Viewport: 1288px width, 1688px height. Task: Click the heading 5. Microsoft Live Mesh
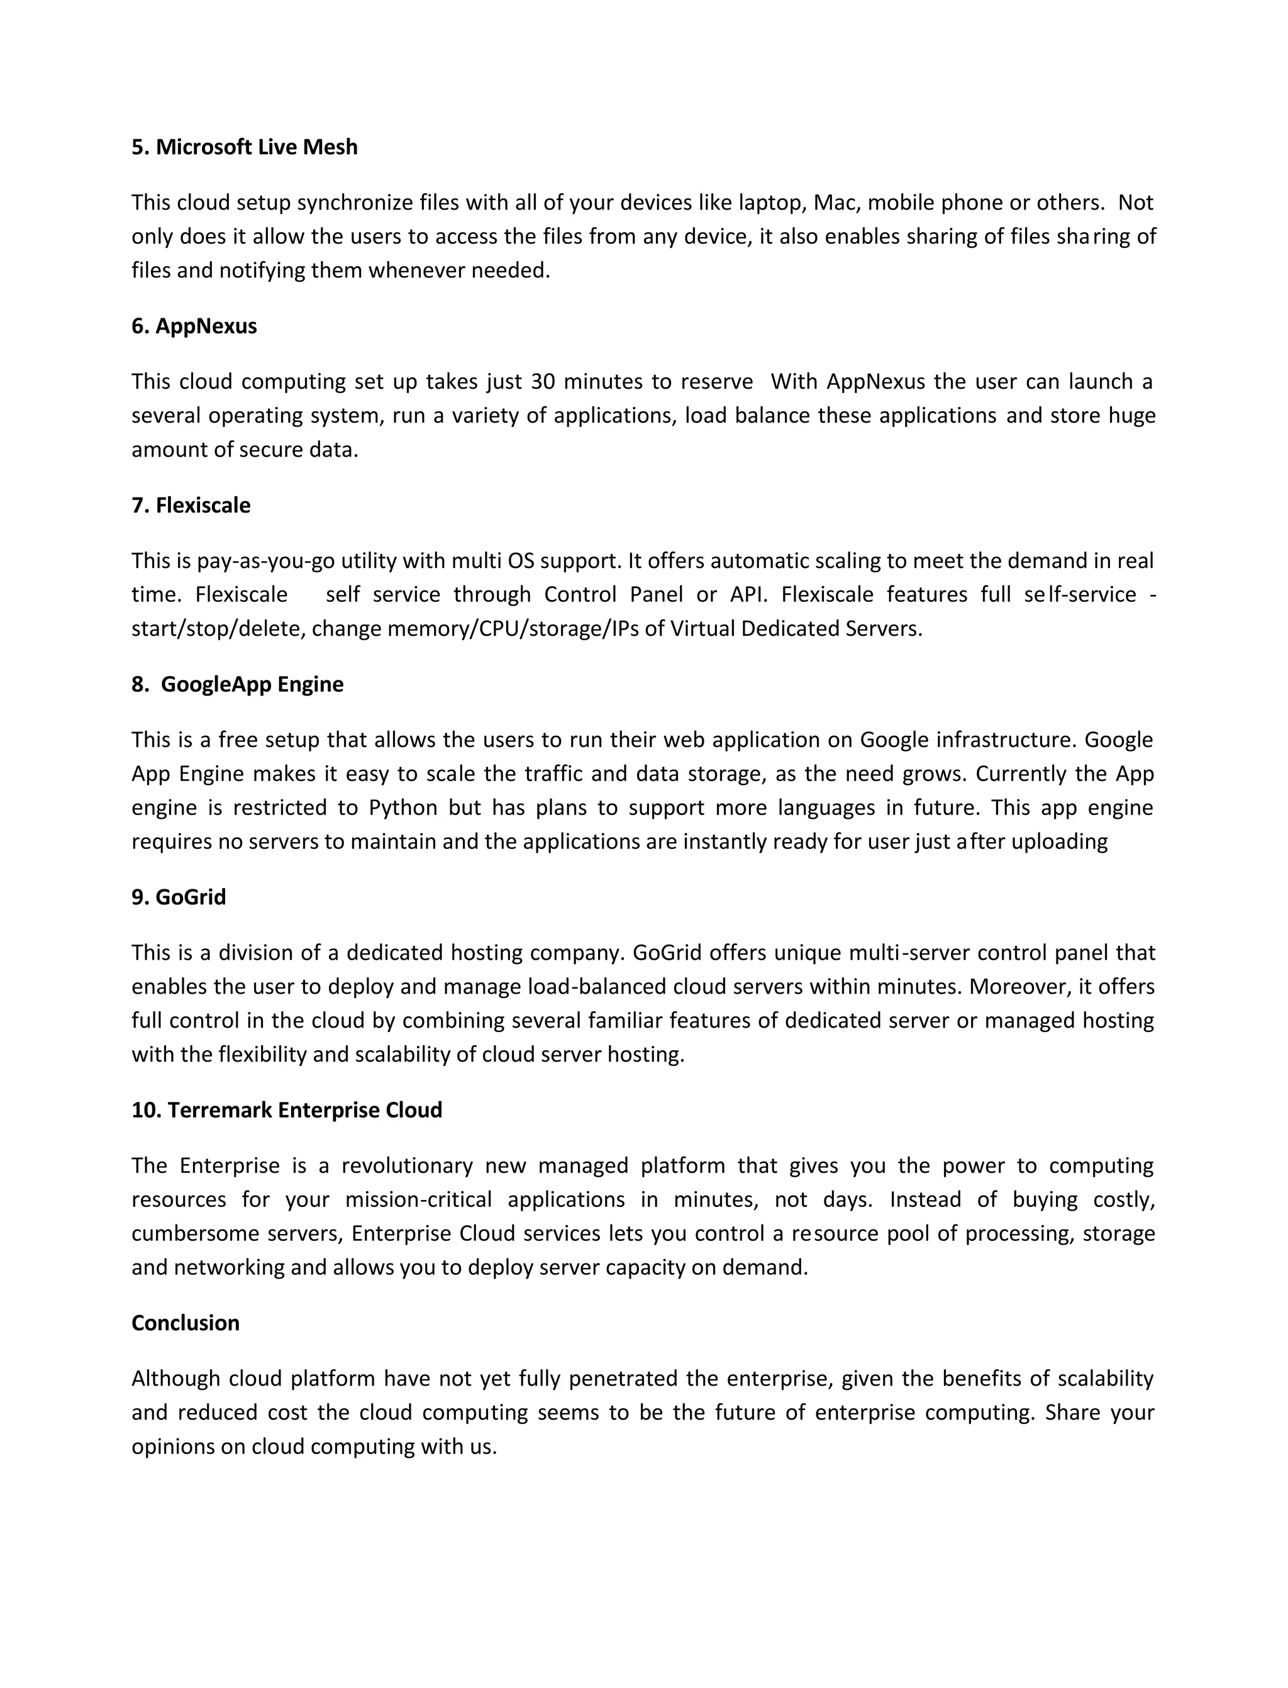[244, 147]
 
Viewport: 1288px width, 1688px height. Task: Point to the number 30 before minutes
[542, 381]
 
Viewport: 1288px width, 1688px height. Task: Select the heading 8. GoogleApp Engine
[237, 684]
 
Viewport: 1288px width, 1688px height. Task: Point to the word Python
[402, 808]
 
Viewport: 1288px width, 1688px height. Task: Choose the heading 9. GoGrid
[179, 897]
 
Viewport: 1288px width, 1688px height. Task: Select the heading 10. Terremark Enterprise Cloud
[287, 1110]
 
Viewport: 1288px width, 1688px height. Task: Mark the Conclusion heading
[185, 1323]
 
